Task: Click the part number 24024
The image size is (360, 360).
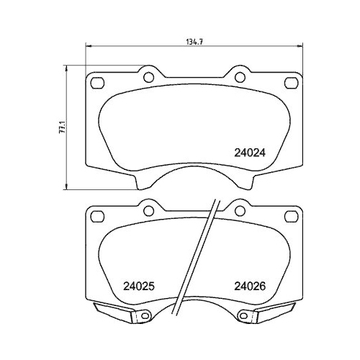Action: (251, 153)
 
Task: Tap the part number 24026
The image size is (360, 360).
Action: (250, 285)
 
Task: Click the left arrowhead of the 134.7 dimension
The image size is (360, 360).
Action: (89, 48)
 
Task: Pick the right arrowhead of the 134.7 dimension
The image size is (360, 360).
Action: (298, 48)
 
